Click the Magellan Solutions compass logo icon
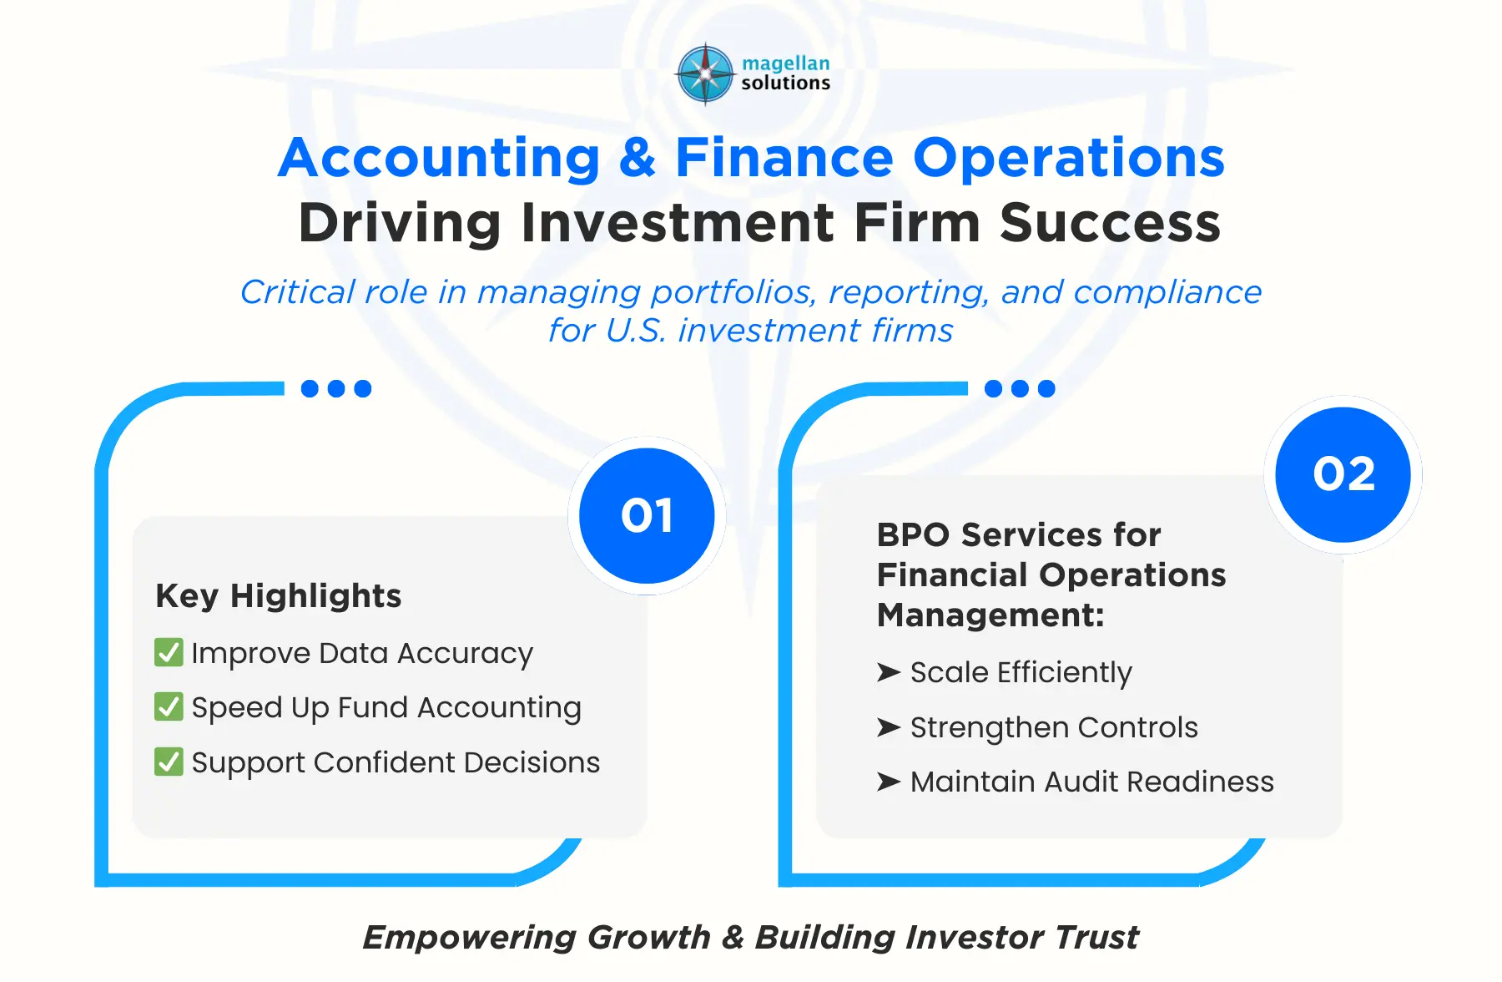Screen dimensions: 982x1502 tap(705, 73)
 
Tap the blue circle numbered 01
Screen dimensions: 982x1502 tap(647, 515)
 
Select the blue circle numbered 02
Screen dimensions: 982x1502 tap(1343, 474)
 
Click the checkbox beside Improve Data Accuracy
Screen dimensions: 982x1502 tap(169, 652)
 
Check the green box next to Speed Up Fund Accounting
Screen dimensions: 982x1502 tap(169, 706)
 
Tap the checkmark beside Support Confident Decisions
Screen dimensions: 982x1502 tap(169, 762)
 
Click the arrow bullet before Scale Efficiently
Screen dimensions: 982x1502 tap(889, 672)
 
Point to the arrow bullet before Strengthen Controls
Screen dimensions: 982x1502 tap(889, 727)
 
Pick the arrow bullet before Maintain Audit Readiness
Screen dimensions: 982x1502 tap(889, 782)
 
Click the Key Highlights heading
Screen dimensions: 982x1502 tap(279, 595)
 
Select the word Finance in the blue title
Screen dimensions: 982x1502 tap(784, 158)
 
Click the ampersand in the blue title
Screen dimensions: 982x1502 tap(638, 158)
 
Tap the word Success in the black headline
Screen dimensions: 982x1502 tap(1110, 223)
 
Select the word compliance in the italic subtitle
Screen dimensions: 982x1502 tap(1167, 293)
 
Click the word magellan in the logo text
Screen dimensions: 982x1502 tap(785, 63)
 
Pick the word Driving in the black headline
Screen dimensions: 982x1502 tap(401, 223)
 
